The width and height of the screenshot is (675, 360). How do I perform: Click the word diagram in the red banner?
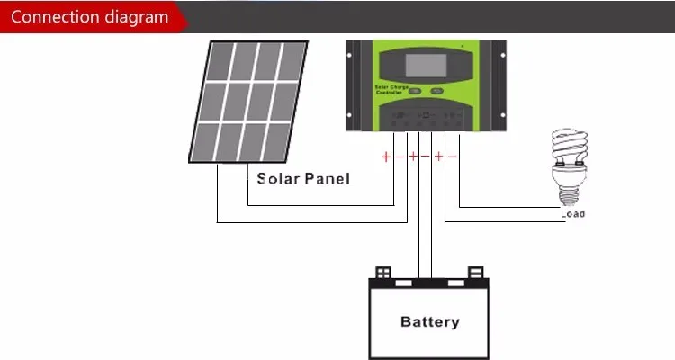(134, 17)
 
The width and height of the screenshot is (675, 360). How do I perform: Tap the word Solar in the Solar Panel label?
(276, 178)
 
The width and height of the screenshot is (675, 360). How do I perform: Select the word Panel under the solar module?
(327, 178)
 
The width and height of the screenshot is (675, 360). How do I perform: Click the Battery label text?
(429, 321)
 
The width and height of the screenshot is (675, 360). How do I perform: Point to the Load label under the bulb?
(572, 214)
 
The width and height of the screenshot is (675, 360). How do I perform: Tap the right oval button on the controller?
(436, 91)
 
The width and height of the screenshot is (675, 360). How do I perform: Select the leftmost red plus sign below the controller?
(386, 157)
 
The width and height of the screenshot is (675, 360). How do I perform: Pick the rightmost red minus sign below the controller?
(452, 157)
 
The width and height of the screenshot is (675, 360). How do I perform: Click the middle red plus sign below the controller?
(413, 157)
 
